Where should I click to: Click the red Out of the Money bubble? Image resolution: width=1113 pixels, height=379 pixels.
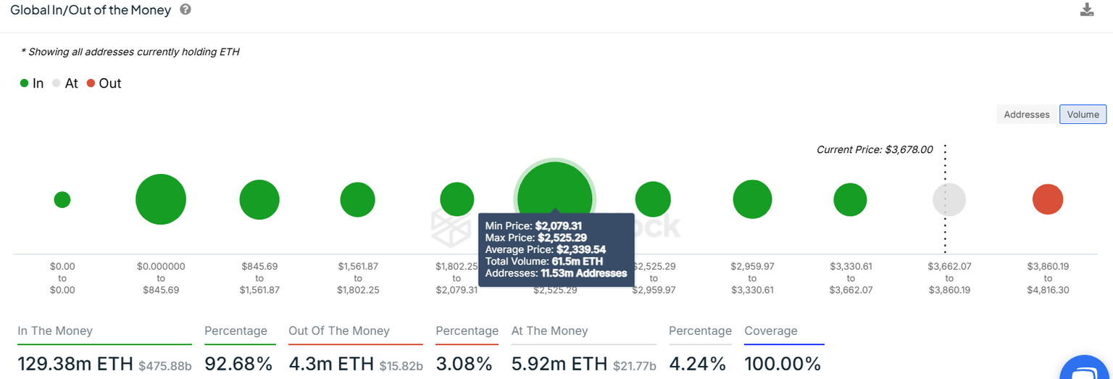[x=1047, y=199]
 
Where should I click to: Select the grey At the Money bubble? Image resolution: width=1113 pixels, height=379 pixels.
[x=949, y=200]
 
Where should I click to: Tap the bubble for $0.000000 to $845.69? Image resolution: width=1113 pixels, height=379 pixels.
[x=161, y=199]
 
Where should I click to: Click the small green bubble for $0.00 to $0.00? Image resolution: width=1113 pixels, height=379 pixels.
[x=62, y=199]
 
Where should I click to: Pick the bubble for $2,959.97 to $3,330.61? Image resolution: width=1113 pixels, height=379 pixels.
[x=752, y=199]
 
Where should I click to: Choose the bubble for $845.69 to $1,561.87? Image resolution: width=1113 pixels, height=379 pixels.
[x=259, y=200]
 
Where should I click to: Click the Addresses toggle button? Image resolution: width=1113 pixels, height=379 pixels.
[x=1026, y=114]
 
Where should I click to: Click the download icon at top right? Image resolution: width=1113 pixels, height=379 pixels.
[x=1086, y=10]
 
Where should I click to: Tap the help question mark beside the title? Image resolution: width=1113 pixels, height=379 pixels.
[x=185, y=10]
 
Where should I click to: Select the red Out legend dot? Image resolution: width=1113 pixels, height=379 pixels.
[x=91, y=83]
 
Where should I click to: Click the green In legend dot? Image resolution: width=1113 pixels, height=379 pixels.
[x=24, y=83]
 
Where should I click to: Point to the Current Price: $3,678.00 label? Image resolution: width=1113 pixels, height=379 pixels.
[x=874, y=149]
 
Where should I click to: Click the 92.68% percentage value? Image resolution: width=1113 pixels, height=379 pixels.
[x=238, y=363]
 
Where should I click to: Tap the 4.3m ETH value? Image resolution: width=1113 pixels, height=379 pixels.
[x=331, y=363]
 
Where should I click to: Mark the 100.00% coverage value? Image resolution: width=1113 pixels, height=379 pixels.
[x=782, y=363]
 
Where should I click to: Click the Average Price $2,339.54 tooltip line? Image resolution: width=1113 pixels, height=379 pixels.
[x=545, y=249]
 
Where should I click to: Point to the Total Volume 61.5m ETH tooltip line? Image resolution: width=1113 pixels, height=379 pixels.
[x=543, y=261]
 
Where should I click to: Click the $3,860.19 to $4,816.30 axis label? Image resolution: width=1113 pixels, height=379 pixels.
[x=1047, y=278]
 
